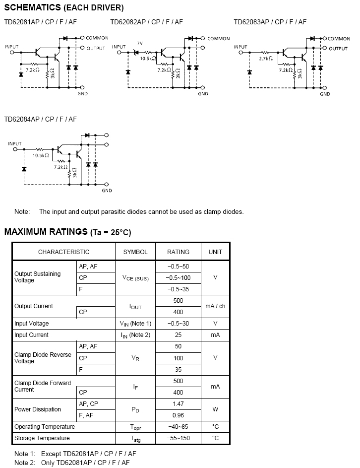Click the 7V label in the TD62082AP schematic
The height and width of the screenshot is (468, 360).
(140, 44)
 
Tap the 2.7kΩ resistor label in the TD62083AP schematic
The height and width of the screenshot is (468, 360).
(265, 59)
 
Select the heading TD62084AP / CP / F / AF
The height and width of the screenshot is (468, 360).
(41, 119)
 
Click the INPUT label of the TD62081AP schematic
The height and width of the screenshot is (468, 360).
(12, 47)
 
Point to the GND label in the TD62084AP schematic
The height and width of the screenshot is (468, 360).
(107, 191)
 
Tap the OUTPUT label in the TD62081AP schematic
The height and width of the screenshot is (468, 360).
(96, 49)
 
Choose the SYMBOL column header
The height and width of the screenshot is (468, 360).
(135, 252)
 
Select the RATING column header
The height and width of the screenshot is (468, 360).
(178, 252)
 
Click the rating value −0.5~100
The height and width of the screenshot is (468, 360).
(179, 277)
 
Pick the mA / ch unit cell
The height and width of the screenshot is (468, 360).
(215, 306)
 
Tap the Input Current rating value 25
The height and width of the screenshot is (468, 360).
(179, 335)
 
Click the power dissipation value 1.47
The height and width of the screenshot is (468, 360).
(179, 404)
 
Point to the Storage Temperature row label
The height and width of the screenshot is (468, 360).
(42, 438)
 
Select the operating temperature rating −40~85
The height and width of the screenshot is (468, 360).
(179, 427)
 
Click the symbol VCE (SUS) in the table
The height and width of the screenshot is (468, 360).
(135, 278)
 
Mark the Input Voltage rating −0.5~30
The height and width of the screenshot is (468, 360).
(179, 324)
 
